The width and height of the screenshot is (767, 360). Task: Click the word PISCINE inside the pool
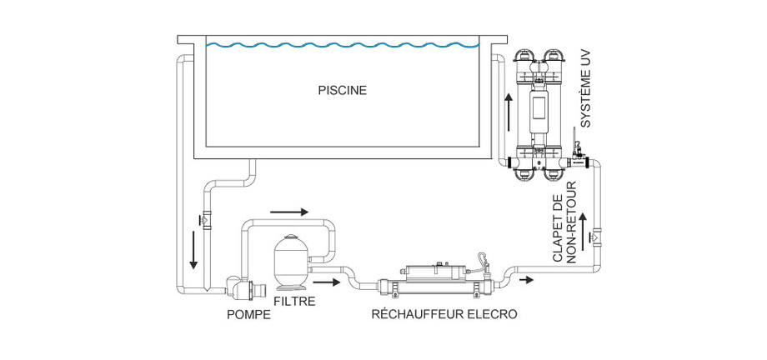342,87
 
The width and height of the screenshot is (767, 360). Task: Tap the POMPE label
248,315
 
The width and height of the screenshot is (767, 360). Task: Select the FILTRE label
294,301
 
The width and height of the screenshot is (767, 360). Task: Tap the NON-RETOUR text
571,226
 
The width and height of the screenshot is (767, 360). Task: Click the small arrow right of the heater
527,280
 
